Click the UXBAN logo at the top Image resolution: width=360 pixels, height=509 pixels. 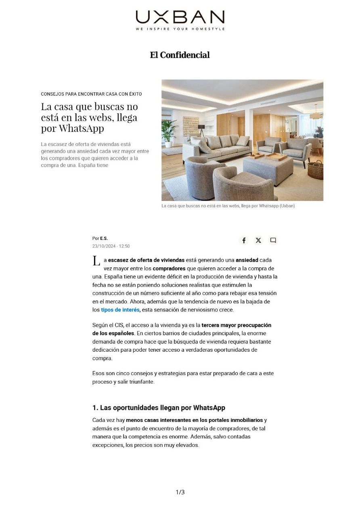click(180, 17)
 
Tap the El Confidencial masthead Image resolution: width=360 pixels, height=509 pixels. click(180, 55)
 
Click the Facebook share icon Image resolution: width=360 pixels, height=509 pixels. click(244, 240)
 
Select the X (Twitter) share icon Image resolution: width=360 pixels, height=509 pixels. click(258, 240)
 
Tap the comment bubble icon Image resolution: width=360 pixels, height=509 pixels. click(273, 240)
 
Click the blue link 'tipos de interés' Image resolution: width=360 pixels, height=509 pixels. click(120, 310)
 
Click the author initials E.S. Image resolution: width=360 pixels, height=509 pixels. click(104, 238)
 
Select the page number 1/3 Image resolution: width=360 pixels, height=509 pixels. click(180, 492)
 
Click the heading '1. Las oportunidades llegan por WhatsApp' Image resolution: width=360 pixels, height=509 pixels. click(159, 407)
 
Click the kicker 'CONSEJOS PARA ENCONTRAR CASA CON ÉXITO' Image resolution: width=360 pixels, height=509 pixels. click(91, 94)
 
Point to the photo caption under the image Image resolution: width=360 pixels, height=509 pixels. click(228, 206)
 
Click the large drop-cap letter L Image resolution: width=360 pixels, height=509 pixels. click(96, 261)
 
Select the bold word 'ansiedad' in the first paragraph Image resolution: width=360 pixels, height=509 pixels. click(247, 260)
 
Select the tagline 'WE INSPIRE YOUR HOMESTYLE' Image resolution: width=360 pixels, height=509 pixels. click(180, 29)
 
